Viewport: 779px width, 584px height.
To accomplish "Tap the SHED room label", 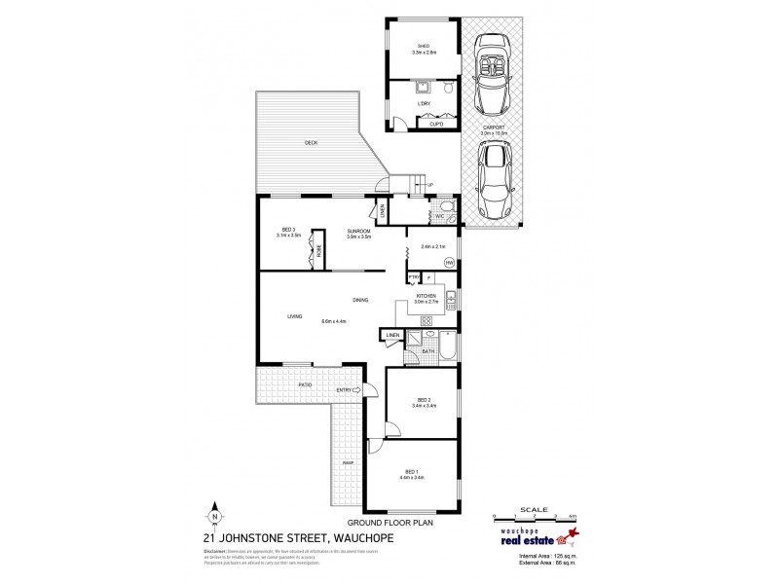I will point(423,45).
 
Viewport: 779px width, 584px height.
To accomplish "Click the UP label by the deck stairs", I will point(429,185).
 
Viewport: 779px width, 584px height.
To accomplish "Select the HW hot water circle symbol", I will point(449,263).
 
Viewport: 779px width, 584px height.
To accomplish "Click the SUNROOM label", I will point(357,230).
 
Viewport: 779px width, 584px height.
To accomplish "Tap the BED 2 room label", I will point(423,399).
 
